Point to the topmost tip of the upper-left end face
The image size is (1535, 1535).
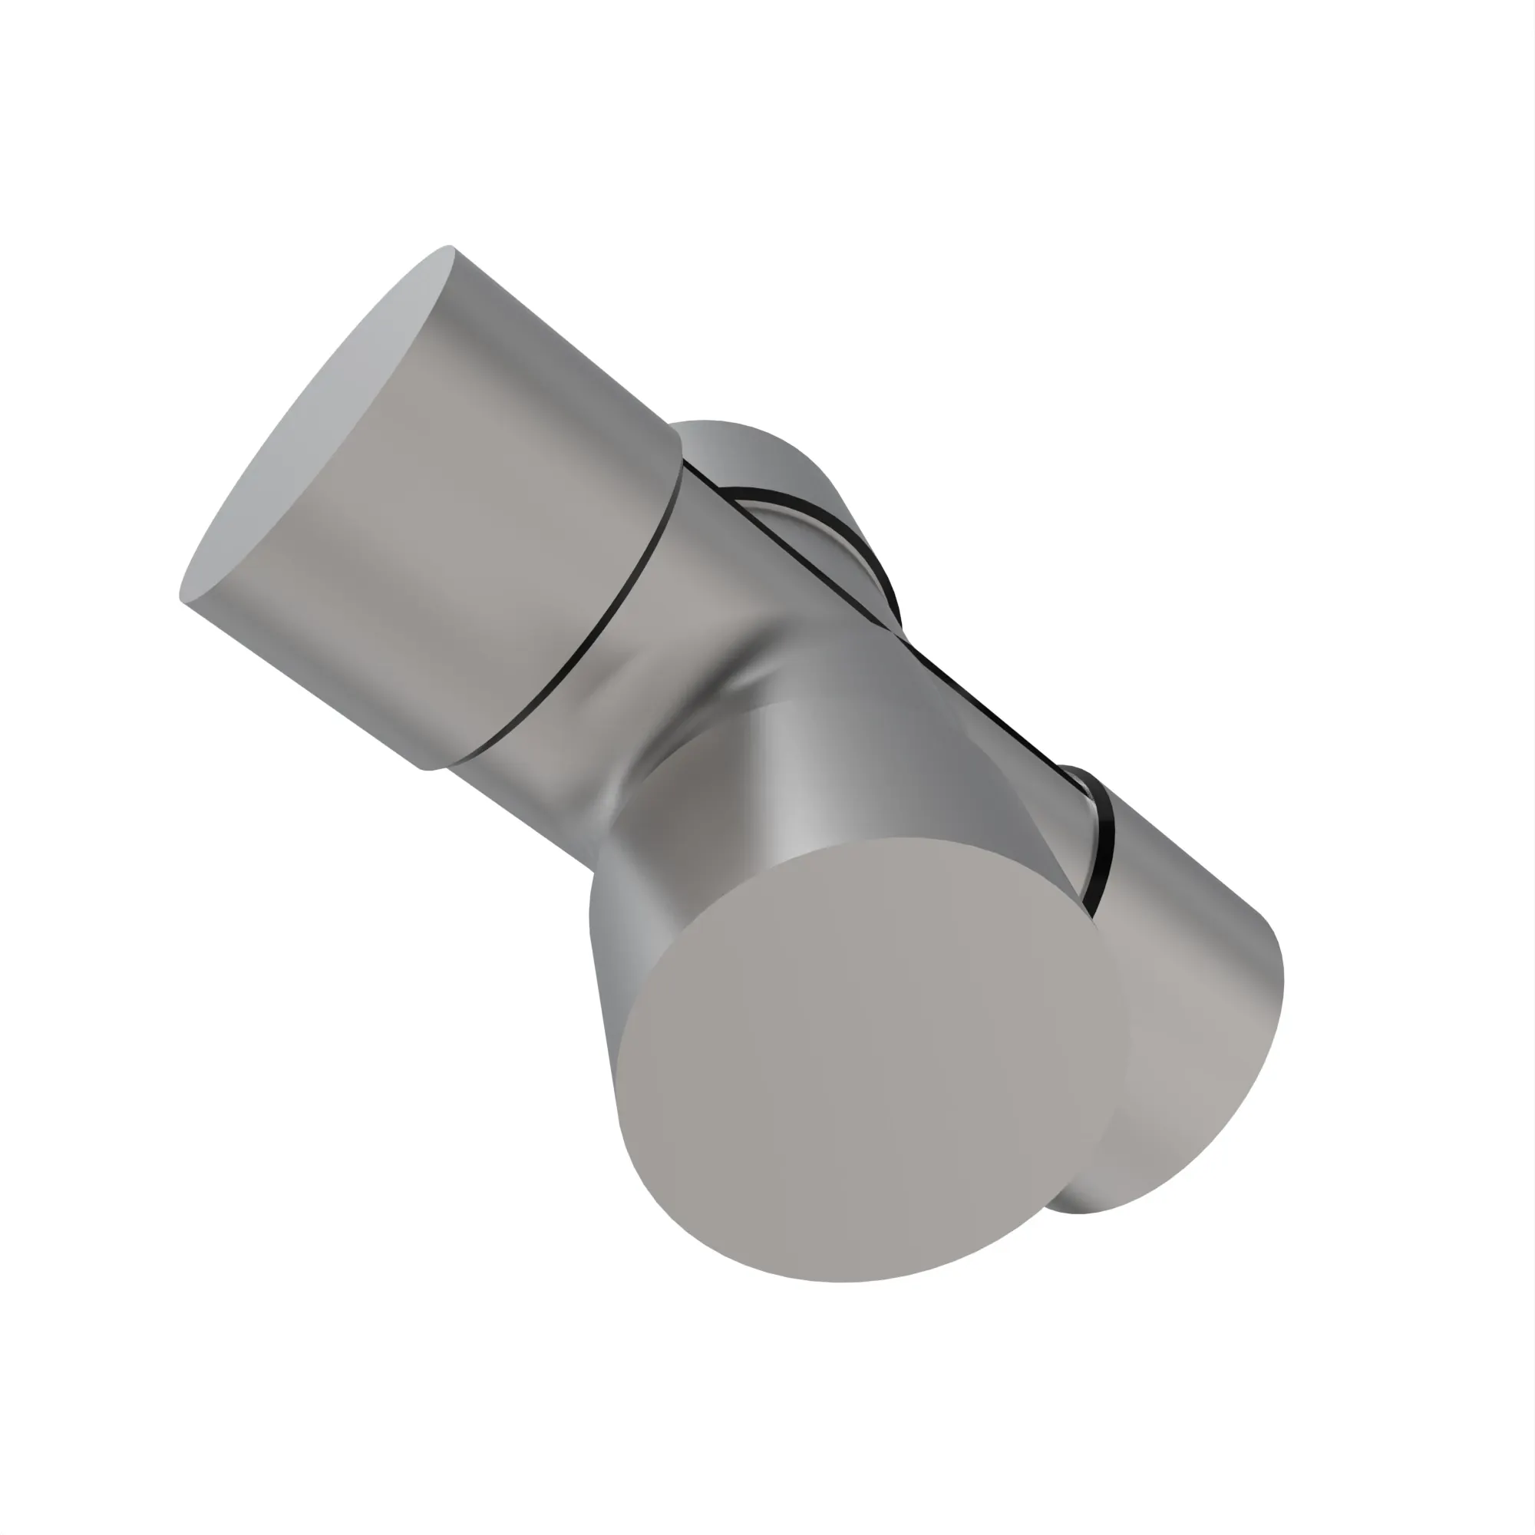[450, 247]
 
